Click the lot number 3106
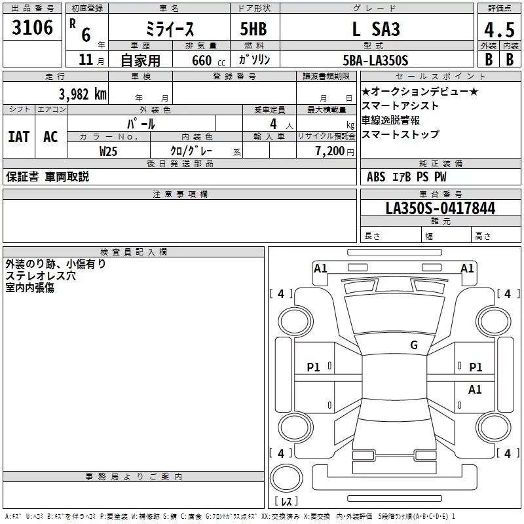point(32,28)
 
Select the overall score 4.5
point(499,29)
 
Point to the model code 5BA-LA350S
point(375,60)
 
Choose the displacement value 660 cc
point(198,60)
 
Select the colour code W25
point(108,151)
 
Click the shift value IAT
point(18,136)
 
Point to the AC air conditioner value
point(50,136)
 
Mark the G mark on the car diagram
point(413,345)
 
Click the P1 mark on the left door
point(314,367)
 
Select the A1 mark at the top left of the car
point(320,268)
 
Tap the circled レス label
point(286,502)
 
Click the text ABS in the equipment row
point(376,176)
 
